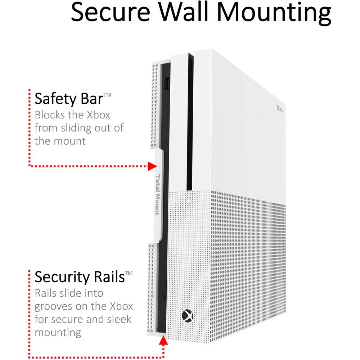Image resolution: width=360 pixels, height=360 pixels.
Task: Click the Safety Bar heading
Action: [x=68, y=99]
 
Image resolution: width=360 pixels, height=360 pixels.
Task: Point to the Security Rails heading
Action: [x=79, y=277]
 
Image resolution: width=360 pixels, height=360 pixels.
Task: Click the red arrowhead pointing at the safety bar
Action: [x=153, y=166]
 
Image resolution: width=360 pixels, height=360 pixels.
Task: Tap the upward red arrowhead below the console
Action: [x=163, y=341]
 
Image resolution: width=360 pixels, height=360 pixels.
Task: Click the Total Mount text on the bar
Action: [x=158, y=194]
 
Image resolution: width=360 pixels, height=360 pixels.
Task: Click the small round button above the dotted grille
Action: [x=189, y=201]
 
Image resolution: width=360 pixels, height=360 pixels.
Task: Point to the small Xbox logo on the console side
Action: [x=279, y=107]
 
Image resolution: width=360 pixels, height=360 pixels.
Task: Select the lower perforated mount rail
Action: [x=152, y=288]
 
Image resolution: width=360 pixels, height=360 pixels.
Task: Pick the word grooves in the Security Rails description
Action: [x=56, y=307]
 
